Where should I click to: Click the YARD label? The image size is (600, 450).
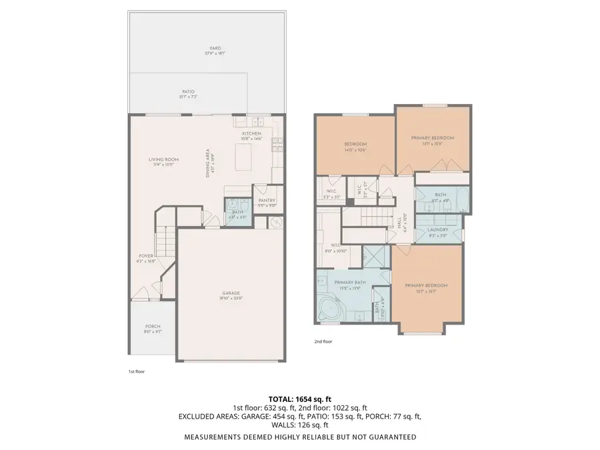click(x=215, y=51)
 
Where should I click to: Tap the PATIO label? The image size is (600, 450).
click(x=189, y=94)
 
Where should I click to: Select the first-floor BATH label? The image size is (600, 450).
click(x=237, y=213)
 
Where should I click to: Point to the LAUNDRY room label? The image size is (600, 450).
click(x=437, y=231)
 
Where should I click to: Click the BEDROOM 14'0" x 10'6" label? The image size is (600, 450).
click(x=355, y=146)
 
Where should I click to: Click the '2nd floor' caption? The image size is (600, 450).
click(x=323, y=341)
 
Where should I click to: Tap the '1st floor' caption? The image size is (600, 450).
click(x=136, y=371)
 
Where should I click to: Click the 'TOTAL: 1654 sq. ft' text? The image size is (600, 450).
click(x=299, y=398)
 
